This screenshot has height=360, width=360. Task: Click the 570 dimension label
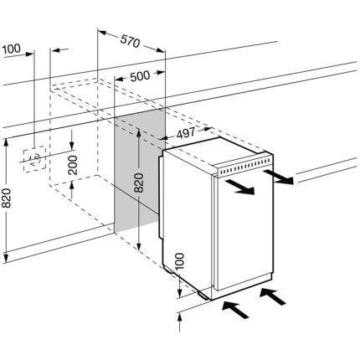130,41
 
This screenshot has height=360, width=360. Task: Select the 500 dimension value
140,76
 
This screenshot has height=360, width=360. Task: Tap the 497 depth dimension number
186,133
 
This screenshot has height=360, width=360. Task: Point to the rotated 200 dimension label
73,165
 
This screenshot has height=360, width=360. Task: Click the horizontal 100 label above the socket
12,49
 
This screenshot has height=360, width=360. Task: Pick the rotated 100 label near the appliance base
180,261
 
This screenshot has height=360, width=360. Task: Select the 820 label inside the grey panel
139,183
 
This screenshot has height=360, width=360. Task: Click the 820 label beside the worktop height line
7,198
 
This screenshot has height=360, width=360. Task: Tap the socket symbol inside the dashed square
35,159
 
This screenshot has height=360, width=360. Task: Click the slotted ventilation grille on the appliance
244,166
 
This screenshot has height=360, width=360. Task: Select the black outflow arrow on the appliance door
240,188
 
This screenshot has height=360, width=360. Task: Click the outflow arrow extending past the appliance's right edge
278,177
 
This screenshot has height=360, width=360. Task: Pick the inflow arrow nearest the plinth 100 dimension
235,310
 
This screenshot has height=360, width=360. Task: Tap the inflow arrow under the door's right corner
273,296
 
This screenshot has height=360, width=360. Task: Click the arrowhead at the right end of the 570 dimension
161,50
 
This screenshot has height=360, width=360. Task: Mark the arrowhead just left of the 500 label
119,80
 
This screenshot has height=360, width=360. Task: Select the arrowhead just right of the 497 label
206,129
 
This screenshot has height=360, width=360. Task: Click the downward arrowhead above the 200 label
72,146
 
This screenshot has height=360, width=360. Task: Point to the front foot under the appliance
204,296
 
